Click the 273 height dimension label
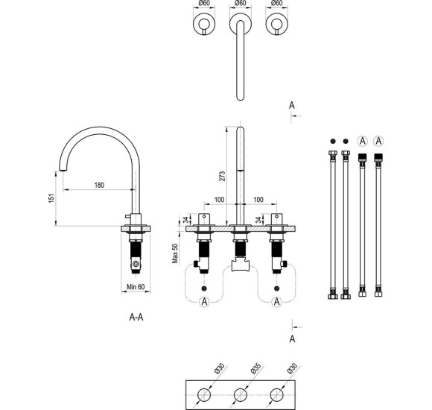point(222,176)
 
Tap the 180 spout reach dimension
point(100,185)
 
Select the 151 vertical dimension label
point(51,198)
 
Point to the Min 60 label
point(136,287)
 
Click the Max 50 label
point(175,253)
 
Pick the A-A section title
point(136,318)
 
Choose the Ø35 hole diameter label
point(255,368)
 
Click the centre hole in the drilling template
point(241,395)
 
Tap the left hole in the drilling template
point(204,395)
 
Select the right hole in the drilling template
point(276,395)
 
